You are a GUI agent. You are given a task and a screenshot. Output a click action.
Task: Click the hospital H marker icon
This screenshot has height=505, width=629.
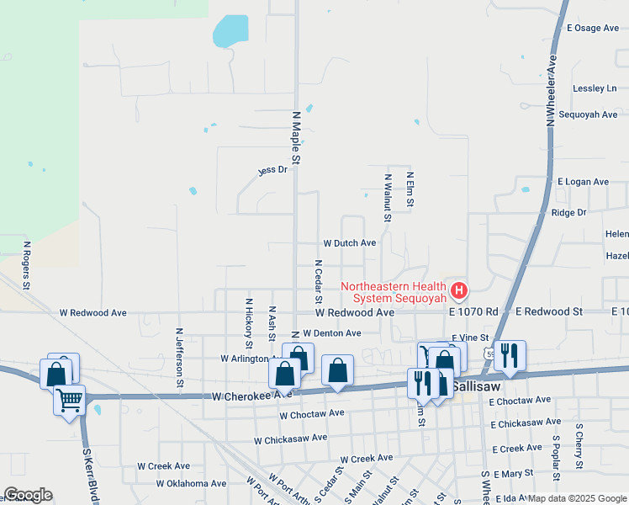tap(459, 291)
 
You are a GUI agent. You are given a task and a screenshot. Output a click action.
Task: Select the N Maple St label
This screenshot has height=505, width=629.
tap(296, 136)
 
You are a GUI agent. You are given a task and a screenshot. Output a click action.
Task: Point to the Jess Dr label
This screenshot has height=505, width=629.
tap(272, 170)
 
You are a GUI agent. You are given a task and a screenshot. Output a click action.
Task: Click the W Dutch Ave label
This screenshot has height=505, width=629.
tap(350, 243)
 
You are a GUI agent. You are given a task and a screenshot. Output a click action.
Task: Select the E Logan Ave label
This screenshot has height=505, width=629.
tap(583, 181)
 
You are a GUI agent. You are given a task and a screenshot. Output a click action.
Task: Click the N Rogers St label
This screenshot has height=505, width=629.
tap(27, 266)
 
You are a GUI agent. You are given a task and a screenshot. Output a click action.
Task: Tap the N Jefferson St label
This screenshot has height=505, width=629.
tap(179, 359)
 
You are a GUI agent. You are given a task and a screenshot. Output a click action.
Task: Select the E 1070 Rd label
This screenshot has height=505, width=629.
tap(473, 311)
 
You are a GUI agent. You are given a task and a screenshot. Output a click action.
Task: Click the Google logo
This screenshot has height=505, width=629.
tap(28, 495)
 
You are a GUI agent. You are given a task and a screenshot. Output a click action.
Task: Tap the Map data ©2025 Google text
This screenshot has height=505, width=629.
tap(577, 498)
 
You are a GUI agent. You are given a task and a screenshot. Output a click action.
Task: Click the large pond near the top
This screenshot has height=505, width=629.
tap(230, 32)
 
